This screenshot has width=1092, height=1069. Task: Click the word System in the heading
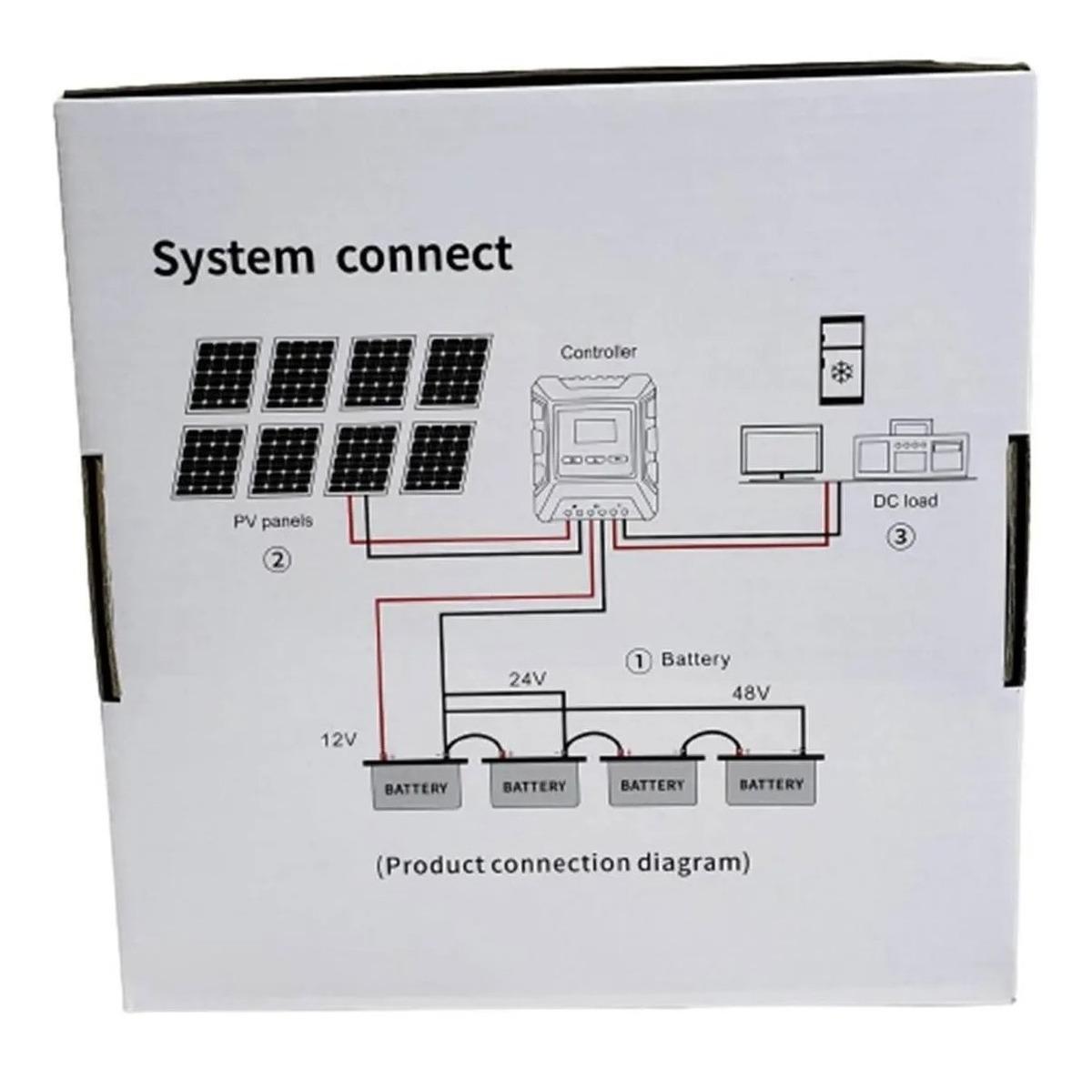232,258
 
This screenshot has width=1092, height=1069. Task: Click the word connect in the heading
424,255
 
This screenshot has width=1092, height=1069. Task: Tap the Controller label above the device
599,351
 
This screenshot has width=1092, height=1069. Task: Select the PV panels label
274,521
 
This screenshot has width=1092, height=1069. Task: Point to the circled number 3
900,536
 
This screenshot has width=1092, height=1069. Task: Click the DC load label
905,500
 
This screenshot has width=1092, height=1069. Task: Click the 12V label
338,741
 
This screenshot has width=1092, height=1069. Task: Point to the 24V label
527,679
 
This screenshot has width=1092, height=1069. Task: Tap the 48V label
751,693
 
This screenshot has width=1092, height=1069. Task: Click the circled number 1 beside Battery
640,661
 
